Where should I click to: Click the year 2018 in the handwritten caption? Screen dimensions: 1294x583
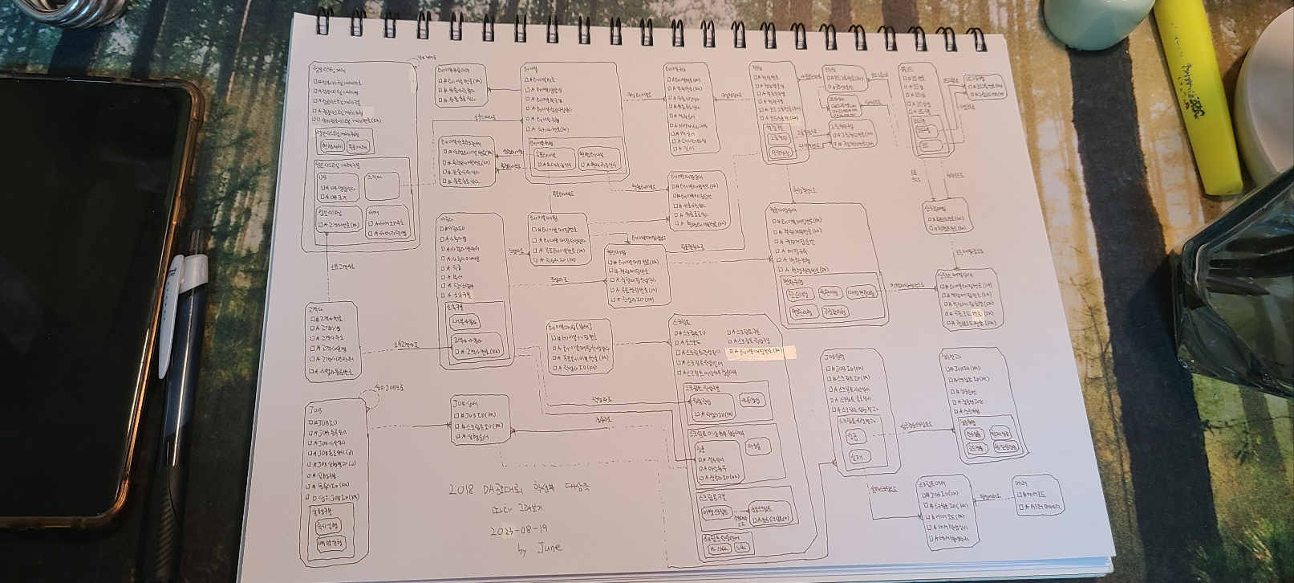[x=462, y=490]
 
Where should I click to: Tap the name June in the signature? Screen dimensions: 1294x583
[x=549, y=548]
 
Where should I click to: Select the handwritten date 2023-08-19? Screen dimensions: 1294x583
[x=519, y=530]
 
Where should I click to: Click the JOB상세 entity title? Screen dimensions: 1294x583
[x=467, y=403]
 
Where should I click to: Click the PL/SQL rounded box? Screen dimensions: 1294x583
[x=720, y=548]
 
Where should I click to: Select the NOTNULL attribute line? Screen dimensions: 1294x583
[x=688, y=126]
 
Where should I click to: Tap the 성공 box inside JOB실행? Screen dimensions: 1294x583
[x=852, y=437]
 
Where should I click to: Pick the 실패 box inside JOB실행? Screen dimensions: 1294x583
[x=856, y=457]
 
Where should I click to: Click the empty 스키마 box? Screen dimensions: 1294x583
[x=382, y=187]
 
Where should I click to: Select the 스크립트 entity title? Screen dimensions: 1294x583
[x=681, y=322]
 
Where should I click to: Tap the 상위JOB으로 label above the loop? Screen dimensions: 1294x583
[x=389, y=388]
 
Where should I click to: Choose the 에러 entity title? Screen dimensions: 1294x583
[x=1020, y=483]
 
